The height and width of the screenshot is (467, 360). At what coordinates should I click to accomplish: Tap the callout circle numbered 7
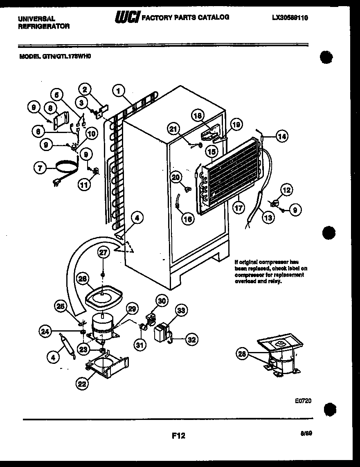(x=39, y=167)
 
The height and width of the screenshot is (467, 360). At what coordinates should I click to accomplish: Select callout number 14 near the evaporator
(x=281, y=137)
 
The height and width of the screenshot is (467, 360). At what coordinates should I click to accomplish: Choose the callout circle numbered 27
(x=103, y=253)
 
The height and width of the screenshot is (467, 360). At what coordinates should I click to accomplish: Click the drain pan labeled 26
(x=104, y=297)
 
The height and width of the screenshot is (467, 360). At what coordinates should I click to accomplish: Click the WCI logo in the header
(x=128, y=18)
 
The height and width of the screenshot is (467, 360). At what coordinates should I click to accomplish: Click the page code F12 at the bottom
(x=178, y=436)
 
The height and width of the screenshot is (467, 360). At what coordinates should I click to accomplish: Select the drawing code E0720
(x=303, y=401)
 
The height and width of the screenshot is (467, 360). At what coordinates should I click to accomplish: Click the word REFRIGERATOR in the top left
(x=44, y=26)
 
